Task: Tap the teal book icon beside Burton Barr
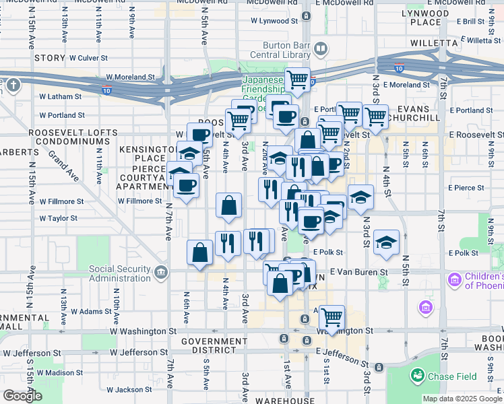(321, 48)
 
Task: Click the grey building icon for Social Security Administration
(160, 273)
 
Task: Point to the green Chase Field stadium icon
(417, 374)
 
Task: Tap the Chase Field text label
(447, 374)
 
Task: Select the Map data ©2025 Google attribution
(462, 399)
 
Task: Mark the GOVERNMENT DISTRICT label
(214, 347)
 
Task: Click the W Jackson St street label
(133, 390)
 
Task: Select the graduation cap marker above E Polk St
(386, 242)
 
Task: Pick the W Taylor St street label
(59, 218)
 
